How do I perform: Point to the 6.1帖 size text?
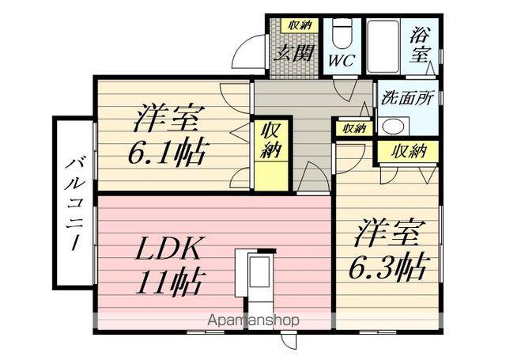(x=167, y=150)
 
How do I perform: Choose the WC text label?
(x=342, y=60)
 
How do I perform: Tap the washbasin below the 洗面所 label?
(x=391, y=126)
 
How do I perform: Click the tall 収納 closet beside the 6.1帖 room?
(x=270, y=151)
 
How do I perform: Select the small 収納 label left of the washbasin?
(x=353, y=128)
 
